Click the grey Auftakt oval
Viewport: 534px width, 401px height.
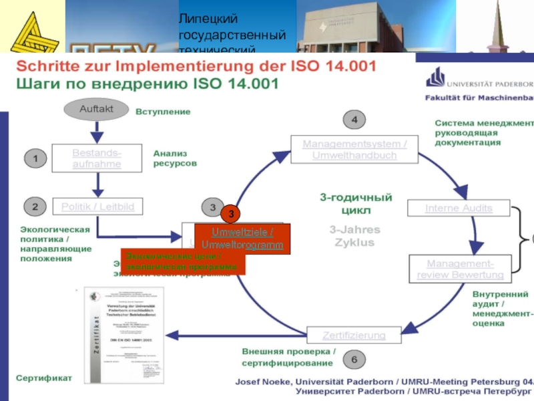click(97, 108)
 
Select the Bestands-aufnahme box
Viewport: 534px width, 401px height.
click(97, 158)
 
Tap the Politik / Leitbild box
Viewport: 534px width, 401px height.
click(97, 207)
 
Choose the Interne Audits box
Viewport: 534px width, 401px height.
click(459, 209)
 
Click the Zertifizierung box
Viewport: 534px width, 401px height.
click(354, 335)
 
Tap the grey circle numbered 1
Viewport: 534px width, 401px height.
click(35, 158)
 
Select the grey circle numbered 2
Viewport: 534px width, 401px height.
click(35, 207)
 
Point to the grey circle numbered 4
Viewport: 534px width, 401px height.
click(354, 120)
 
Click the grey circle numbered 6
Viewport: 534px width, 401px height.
click(354, 360)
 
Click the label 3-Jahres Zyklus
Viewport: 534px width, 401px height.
click(354, 235)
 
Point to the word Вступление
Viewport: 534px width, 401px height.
click(163, 112)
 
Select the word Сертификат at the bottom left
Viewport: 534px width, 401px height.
click(44, 378)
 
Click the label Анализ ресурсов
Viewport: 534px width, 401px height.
click(175, 158)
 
